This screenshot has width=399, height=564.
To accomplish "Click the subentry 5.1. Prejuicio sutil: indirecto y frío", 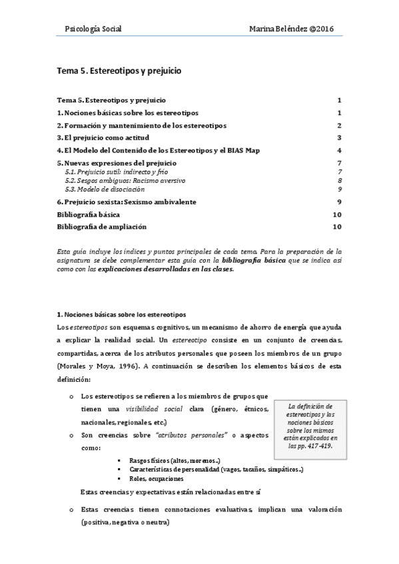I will (113, 172).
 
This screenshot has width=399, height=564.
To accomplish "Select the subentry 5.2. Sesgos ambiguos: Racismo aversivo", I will (125, 180).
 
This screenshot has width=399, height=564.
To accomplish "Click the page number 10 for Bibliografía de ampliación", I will (337, 227).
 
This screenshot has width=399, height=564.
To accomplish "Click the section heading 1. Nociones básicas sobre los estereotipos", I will (121, 314).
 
